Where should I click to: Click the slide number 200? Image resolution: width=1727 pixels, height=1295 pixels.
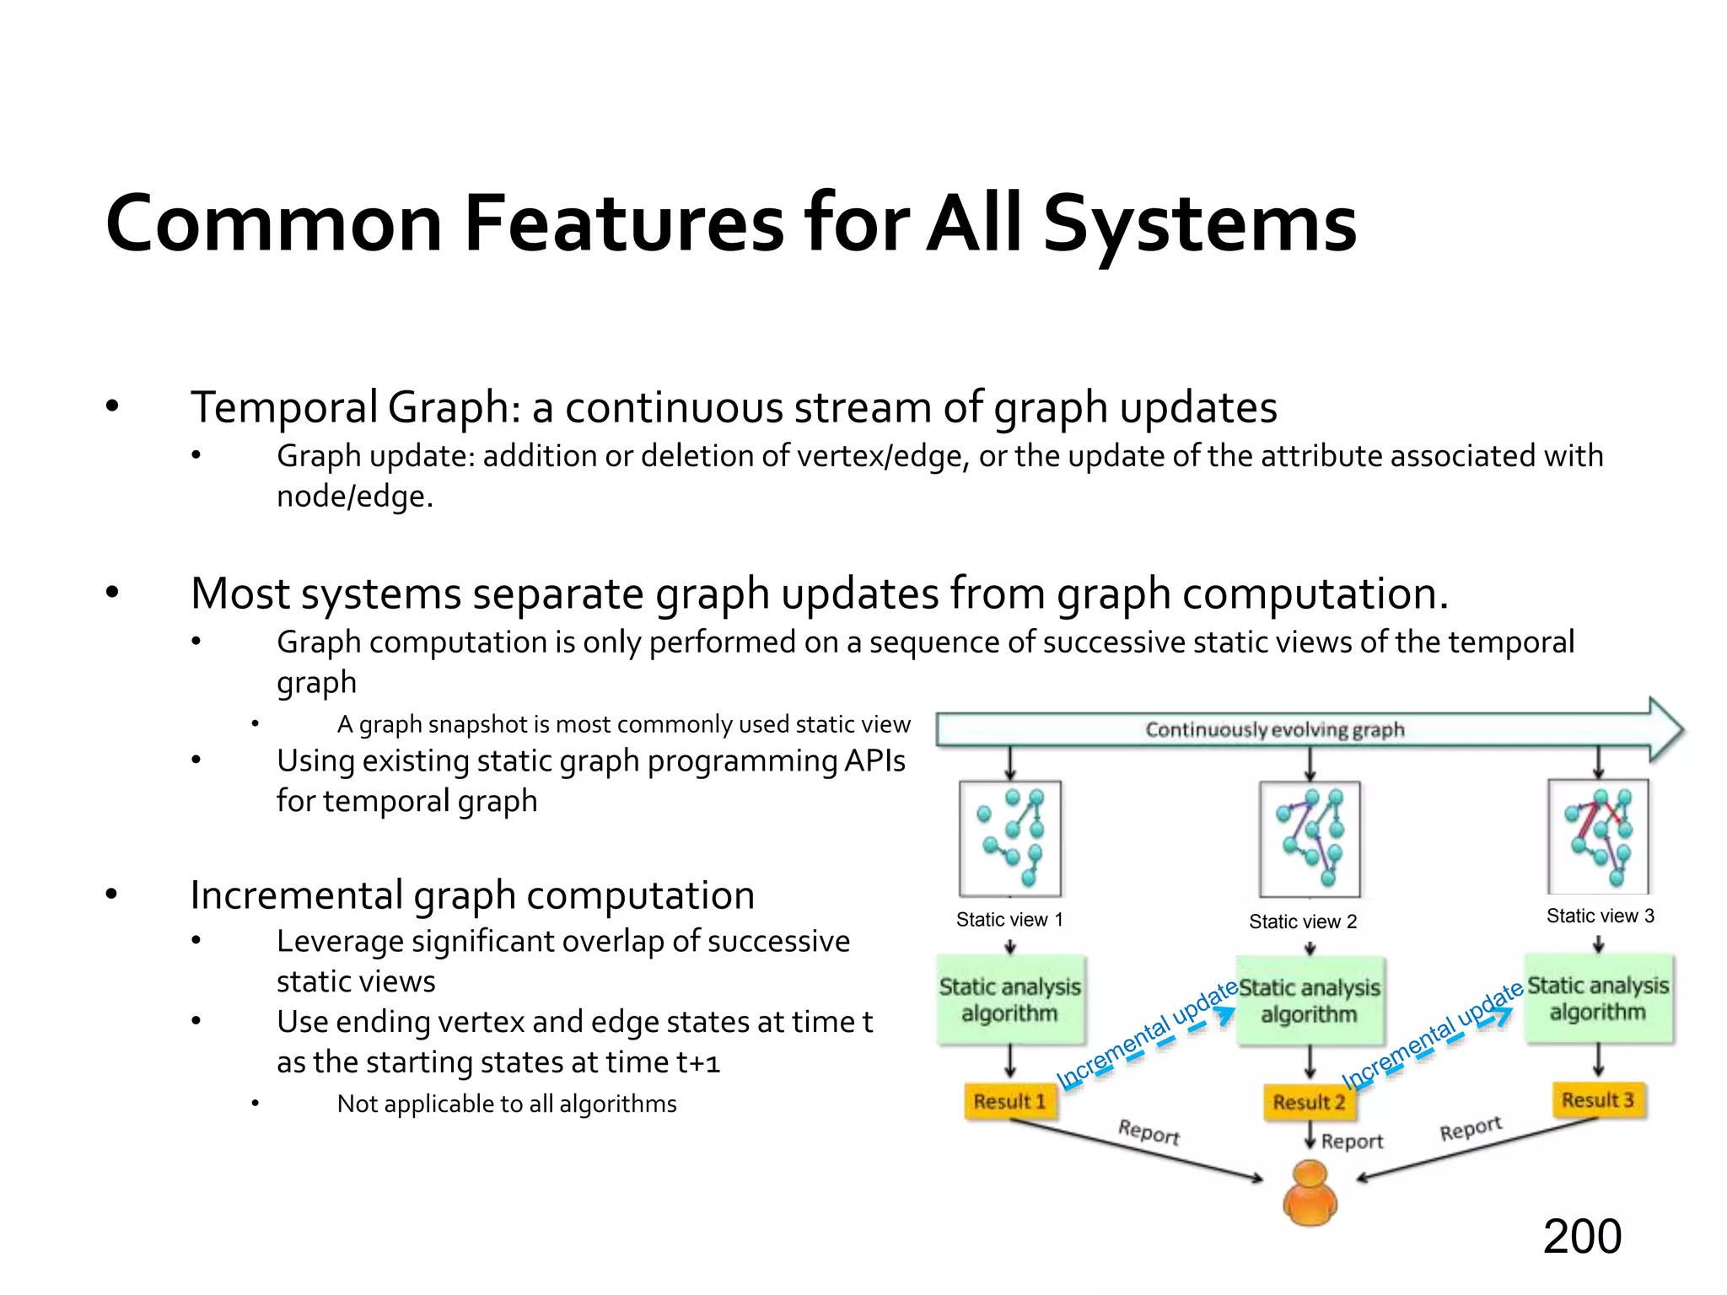1581,1237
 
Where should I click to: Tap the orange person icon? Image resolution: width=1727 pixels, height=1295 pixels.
1310,1193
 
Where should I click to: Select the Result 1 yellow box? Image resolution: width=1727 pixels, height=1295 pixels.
1009,1101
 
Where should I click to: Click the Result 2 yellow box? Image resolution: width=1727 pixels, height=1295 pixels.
1309,1102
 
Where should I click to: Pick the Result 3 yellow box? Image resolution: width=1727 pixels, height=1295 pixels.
1597,1099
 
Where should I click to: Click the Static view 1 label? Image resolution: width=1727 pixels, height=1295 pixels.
1009,919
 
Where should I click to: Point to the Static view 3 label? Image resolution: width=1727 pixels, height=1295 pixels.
1600,916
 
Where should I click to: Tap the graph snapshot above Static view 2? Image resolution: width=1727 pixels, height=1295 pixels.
1310,839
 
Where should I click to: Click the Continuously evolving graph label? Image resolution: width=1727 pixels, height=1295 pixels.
1274,729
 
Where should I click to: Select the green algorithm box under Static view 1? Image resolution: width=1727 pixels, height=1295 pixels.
1009,1000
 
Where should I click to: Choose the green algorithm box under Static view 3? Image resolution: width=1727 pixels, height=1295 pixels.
1598,998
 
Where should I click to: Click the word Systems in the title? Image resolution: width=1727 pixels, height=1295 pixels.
1199,224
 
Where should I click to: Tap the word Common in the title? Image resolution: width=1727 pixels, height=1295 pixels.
274,224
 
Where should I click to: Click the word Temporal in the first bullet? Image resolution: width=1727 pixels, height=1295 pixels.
284,408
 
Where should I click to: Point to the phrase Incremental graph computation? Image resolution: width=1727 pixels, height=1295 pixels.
472,895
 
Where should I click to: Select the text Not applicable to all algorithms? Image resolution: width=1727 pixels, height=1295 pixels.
506,1104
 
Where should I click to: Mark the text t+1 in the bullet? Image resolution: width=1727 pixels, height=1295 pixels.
698,1062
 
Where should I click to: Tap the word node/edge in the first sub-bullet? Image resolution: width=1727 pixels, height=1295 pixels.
354,497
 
